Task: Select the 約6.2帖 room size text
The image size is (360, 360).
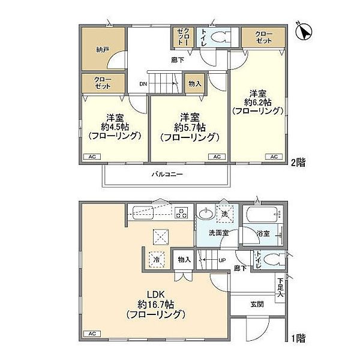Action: tap(257, 103)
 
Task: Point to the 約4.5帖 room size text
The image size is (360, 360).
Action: tap(115, 127)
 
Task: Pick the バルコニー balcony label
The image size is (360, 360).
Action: tap(166, 174)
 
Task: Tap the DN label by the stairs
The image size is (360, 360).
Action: tap(143, 84)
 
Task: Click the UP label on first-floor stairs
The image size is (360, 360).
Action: tap(221, 260)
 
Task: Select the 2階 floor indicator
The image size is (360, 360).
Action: tap(298, 162)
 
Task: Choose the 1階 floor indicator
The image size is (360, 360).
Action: tap(298, 338)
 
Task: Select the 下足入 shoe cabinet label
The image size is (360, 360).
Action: tap(281, 287)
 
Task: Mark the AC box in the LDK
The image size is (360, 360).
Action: tap(92, 333)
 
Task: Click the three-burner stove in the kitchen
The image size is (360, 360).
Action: tap(182, 213)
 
